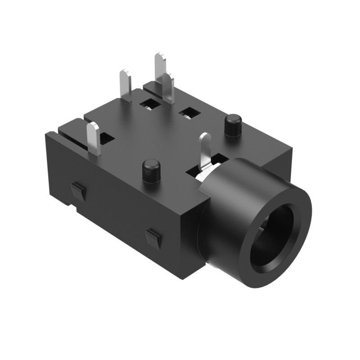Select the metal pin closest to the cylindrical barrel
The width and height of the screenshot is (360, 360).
(x=205, y=148)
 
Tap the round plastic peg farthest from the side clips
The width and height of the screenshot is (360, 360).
(x=232, y=125)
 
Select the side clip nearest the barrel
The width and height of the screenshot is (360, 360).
(x=154, y=238)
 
